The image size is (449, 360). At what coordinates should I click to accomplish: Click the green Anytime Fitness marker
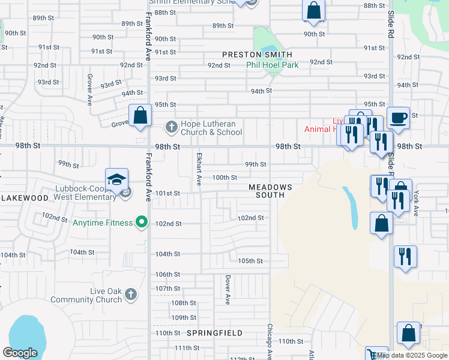[142, 223]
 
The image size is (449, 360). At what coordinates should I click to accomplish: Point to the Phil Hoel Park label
[272, 65]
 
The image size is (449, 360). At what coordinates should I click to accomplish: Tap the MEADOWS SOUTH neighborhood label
[271, 191]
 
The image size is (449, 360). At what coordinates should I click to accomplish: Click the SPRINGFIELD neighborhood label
[214, 333]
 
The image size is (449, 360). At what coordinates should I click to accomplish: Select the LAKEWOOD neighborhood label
[24, 197]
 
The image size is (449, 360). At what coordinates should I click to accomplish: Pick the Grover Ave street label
[89, 88]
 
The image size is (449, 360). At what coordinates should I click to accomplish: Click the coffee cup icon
[397, 117]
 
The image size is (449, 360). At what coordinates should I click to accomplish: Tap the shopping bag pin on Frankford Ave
[140, 115]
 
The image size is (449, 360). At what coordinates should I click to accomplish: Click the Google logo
[20, 353]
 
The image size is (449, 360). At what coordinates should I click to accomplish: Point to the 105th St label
[250, 261]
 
